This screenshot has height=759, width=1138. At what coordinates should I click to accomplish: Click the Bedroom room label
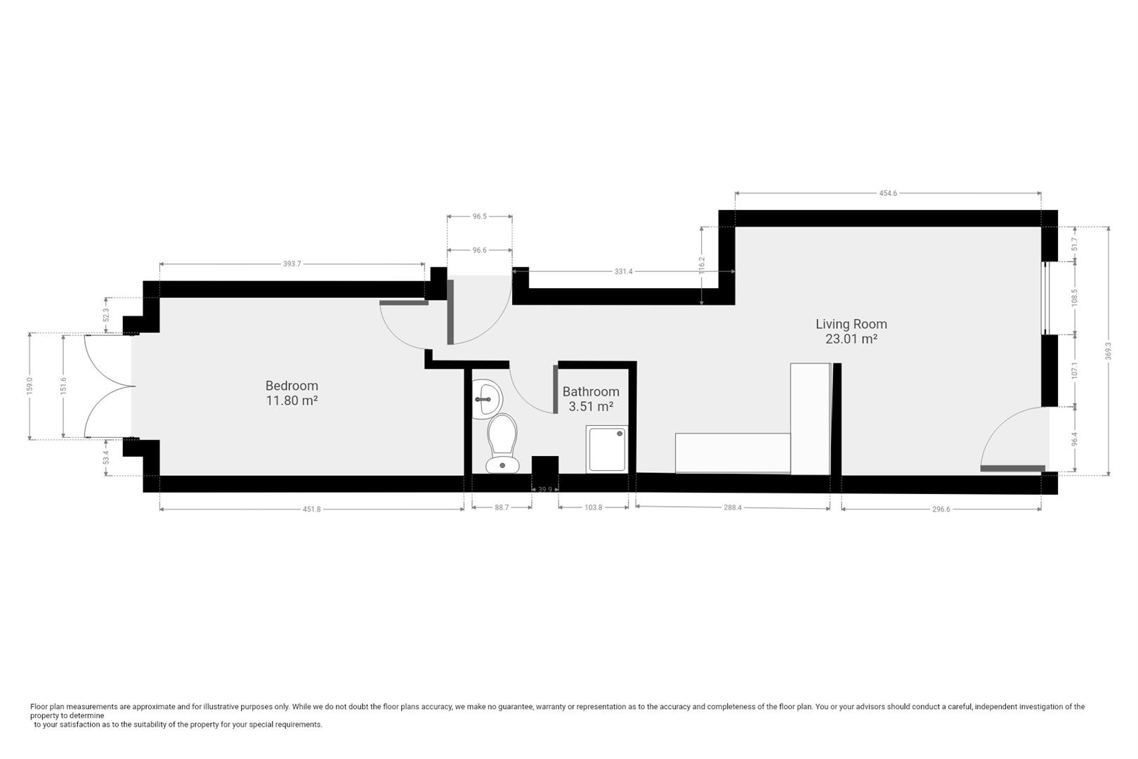292,386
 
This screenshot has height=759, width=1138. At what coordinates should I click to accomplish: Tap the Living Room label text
851,324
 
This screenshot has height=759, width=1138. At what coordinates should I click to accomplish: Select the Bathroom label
591,392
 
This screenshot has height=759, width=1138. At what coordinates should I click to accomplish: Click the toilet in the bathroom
502,443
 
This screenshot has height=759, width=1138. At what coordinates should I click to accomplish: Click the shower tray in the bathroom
607,449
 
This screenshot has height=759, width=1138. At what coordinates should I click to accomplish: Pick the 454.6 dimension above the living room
888,193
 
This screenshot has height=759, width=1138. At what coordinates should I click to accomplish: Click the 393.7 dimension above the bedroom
292,264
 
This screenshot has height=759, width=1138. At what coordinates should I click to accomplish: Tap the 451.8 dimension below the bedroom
311,510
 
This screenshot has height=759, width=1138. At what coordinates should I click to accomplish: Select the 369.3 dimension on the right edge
1108,351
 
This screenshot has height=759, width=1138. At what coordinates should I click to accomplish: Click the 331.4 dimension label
623,271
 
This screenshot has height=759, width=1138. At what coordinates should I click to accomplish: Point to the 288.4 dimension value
732,507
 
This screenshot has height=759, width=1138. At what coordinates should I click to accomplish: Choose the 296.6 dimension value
941,510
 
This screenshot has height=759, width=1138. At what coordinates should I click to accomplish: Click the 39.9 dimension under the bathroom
545,489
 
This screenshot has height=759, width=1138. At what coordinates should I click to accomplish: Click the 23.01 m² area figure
851,339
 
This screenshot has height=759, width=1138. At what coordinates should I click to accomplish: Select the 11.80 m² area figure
292,401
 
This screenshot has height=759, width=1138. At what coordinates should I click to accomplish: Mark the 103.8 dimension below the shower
593,507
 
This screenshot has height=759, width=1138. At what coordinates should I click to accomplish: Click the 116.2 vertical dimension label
701,265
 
